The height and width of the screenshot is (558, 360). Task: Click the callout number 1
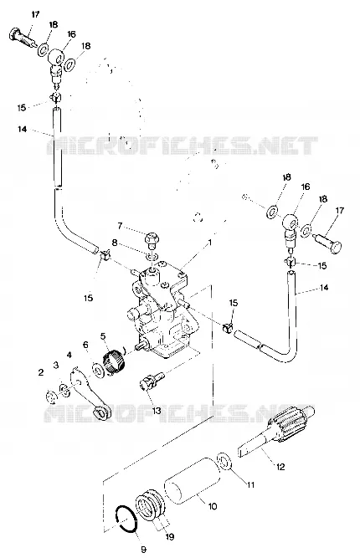pos(210,243)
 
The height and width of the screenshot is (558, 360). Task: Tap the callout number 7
pos(120,226)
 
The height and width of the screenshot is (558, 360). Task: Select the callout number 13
pos(156,411)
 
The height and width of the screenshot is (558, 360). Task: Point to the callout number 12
pos(280,466)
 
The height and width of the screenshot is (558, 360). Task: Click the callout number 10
pos(212,506)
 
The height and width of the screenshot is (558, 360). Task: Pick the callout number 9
pos(143,550)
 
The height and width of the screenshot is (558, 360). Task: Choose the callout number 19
pos(170,536)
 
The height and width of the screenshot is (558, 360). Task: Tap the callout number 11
pos(251,484)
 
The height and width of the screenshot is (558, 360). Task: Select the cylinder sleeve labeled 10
pos(193,480)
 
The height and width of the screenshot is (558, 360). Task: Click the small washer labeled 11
pos(224,462)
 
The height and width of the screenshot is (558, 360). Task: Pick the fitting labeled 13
pos(151,381)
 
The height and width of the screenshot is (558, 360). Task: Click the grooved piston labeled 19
pos(150,506)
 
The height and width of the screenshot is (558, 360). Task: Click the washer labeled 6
pos(97,369)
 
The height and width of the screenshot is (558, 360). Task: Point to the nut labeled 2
pos(52,396)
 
